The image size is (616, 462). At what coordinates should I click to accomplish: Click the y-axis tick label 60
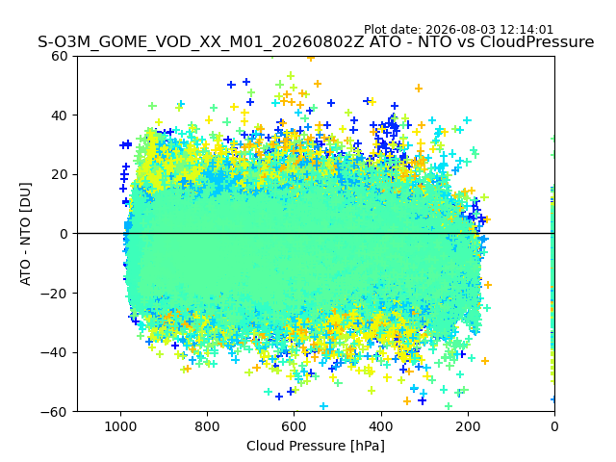60,56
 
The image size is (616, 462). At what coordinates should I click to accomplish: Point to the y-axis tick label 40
60,115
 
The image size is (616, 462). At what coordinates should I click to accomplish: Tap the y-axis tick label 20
60,175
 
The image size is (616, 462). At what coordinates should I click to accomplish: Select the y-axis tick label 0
64,234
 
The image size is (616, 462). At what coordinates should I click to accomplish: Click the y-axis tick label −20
55,294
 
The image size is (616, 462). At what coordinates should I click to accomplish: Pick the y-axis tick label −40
55,353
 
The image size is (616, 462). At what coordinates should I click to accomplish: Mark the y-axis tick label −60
55,412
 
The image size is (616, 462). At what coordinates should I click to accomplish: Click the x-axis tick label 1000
121,426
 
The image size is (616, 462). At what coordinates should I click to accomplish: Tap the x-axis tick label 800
208,426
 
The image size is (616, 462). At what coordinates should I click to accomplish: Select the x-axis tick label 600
295,426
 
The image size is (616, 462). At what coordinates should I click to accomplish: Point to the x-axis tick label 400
381,426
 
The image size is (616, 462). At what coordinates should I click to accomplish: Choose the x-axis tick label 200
468,426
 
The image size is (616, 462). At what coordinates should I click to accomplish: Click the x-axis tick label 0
554,426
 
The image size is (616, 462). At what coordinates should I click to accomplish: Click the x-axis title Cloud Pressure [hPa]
316,446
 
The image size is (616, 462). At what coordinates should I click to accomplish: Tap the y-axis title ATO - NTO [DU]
25,234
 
